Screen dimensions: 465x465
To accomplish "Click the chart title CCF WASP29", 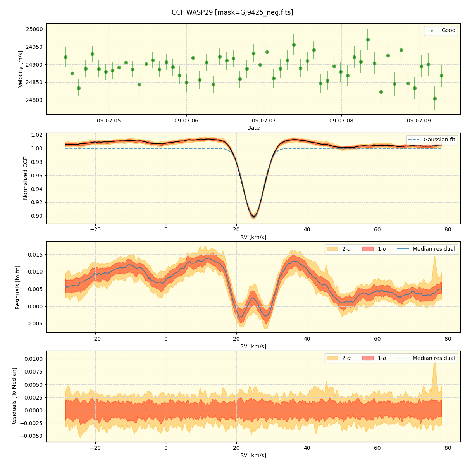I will pos(232,12).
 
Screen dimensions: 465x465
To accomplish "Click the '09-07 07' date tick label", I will pos(263,121).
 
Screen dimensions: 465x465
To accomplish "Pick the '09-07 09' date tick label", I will pos(418,121).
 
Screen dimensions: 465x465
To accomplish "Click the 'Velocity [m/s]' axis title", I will pos(21,69).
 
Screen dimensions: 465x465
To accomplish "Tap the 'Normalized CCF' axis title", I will pos(26,178).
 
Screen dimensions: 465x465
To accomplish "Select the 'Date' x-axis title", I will pos(253,128).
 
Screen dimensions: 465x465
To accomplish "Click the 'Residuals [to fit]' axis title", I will pos(18,287).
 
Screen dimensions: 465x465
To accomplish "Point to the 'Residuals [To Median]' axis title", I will pos(14,396).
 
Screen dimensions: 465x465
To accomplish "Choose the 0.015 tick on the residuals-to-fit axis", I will pos(35,255).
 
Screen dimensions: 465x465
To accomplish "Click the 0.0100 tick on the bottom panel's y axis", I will pos(34,359).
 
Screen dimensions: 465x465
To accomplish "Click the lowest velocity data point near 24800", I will pos(435,98).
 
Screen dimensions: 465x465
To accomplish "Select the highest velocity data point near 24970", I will pos(368,40).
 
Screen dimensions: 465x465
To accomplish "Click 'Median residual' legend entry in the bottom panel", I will pos(434,358).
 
